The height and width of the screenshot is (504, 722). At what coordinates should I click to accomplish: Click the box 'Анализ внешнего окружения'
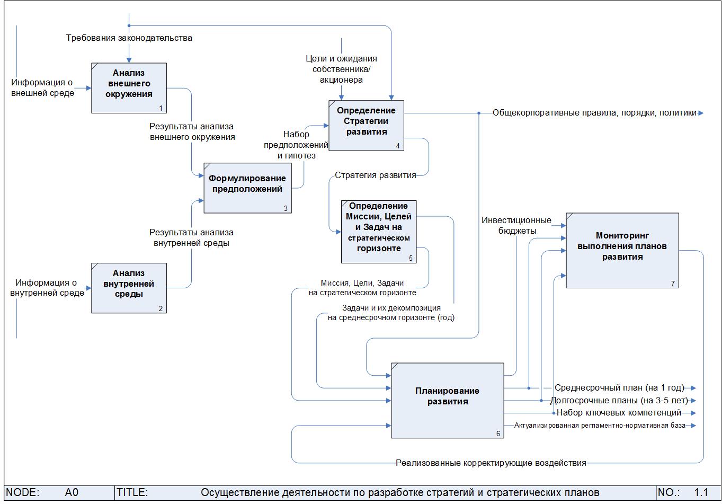(x=129, y=87)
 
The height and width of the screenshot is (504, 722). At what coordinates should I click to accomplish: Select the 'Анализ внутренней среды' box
(x=129, y=288)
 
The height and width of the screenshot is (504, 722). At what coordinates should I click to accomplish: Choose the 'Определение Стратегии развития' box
(x=366, y=125)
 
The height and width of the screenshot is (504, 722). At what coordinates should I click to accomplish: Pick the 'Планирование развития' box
(x=447, y=400)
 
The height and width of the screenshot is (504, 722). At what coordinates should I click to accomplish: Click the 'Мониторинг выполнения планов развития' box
(x=622, y=250)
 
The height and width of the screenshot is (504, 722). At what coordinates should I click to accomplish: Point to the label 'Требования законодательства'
(x=129, y=38)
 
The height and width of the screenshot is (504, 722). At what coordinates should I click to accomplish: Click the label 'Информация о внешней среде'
(x=42, y=88)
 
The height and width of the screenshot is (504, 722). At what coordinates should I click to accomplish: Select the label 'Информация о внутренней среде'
(x=47, y=288)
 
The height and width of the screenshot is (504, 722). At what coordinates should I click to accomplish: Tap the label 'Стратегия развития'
(x=376, y=175)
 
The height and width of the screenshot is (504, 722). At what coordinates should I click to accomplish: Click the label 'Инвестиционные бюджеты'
(x=516, y=225)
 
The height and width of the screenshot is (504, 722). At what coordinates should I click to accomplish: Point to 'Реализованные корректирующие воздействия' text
(x=491, y=463)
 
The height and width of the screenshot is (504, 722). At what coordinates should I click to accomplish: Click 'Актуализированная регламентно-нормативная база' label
(x=600, y=426)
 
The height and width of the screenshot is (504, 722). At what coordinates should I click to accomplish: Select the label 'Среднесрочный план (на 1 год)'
(x=619, y=387)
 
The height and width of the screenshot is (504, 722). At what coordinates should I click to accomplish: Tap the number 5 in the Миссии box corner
(x=411, y=259)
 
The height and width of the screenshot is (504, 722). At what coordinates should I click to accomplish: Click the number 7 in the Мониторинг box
(x=673, y=284)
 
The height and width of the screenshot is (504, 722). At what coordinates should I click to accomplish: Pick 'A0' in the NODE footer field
(x=72, y=493)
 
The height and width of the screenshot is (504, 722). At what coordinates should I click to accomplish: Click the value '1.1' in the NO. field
(x=701, y=493)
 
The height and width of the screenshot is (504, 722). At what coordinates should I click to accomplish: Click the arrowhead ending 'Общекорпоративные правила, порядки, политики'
(x=701, y=113)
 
